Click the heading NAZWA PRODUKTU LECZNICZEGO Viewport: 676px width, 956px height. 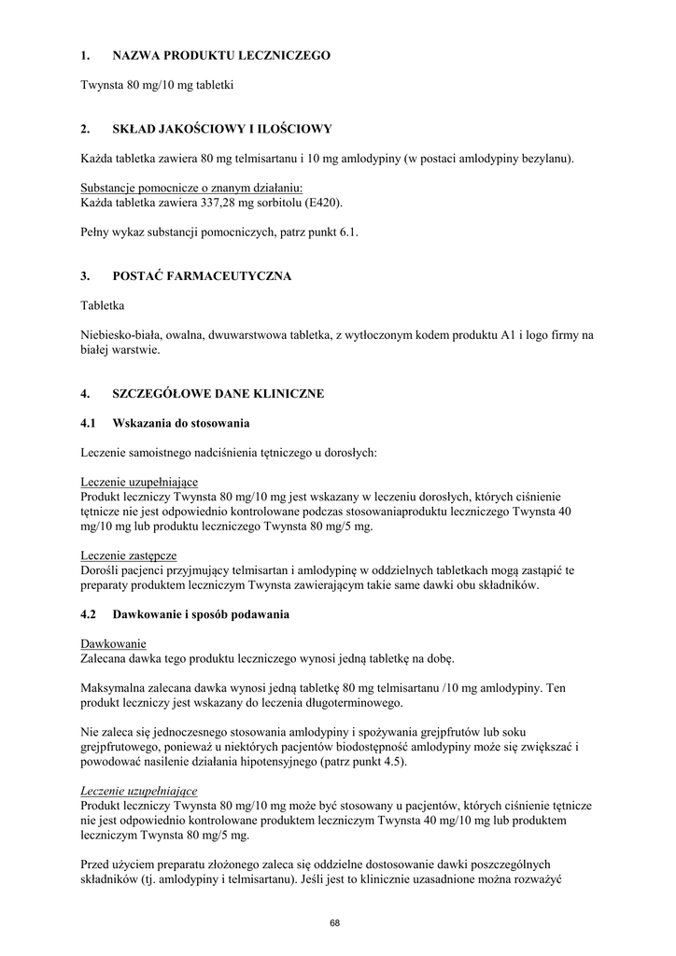(221, 56)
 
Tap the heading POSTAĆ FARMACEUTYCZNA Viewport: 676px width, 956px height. (202, 276)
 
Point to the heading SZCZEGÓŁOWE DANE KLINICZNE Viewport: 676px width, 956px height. (218, 394)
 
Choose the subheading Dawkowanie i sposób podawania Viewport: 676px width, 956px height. (201, 615)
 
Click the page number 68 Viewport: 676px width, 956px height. (335, 923)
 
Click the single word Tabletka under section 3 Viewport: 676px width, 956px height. (103, 306)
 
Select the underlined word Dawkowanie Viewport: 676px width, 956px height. (113, 645)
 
